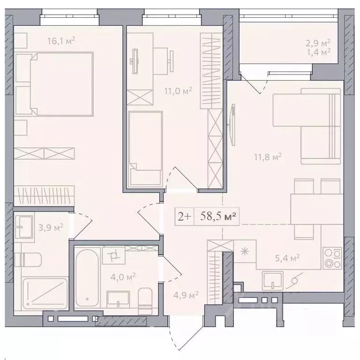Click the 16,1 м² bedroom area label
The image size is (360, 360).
61,41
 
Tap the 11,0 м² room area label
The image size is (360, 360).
178,91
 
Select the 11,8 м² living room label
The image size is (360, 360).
268,157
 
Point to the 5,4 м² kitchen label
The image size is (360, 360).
287,258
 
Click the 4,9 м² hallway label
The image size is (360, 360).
186,294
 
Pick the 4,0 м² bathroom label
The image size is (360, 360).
123,277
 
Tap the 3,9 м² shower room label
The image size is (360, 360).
51,228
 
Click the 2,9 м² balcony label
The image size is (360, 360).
318,43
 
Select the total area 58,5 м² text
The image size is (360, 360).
218,216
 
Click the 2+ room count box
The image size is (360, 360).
184,217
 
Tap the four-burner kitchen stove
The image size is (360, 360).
332,258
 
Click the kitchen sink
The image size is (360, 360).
272,279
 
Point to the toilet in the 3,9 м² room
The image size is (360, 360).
28,260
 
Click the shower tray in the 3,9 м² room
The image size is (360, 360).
45,293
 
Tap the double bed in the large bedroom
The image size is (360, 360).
54,84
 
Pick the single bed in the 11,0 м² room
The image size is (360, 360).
145,149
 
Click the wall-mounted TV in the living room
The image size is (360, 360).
232,125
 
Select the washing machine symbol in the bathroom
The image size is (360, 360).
113,255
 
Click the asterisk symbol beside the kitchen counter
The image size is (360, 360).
245,252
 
